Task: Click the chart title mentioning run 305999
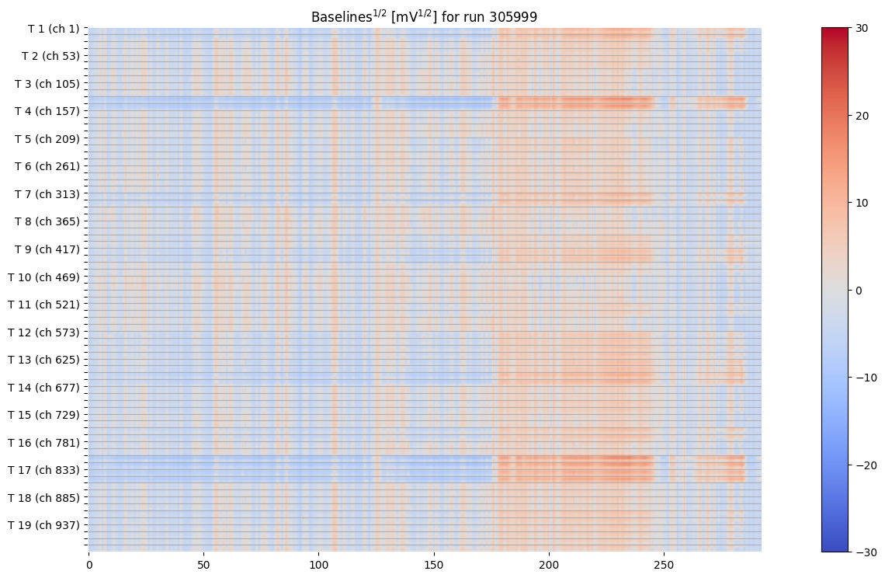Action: [424, 16]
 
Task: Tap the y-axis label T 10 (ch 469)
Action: [44, 277]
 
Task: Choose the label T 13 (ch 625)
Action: [44, 360]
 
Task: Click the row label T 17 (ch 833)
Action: [44, 470]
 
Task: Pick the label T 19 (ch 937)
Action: [44, 525]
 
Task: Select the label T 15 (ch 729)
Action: [44, 415]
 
